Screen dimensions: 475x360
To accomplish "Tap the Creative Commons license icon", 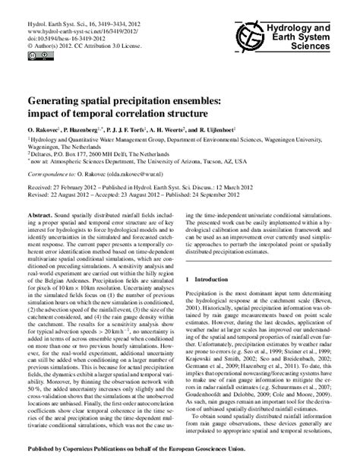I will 33,53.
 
